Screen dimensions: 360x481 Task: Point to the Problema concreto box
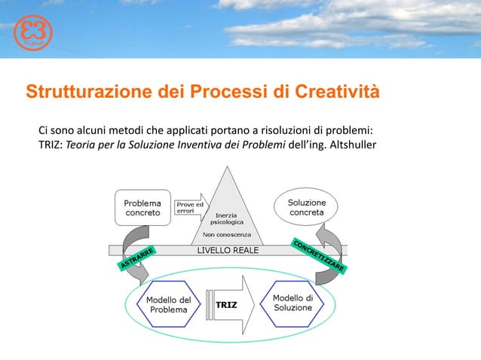(x=142, y=208)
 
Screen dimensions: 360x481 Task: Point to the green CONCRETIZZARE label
(x=317, y=255)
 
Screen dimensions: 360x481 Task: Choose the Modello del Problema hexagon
(x=168, y=304)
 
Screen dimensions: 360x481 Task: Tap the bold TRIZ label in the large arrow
(x=227, y=306)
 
